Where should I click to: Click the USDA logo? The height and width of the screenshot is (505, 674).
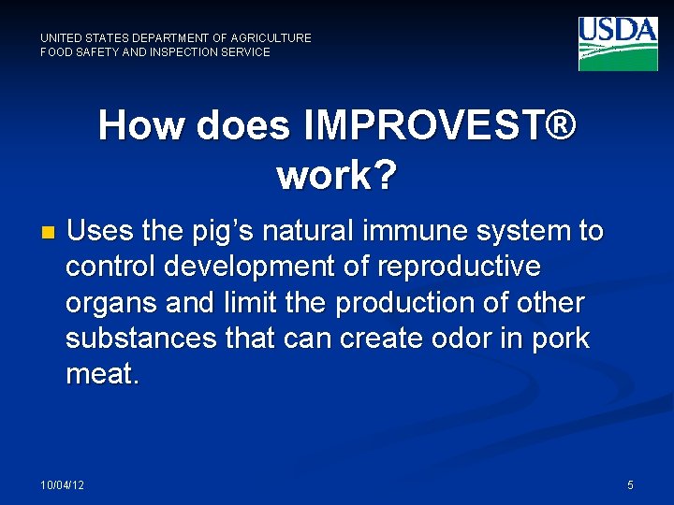618,43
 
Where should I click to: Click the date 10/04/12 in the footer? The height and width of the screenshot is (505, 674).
62,484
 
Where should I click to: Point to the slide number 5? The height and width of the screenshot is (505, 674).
630,484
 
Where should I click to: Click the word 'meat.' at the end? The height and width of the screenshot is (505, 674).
102,375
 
